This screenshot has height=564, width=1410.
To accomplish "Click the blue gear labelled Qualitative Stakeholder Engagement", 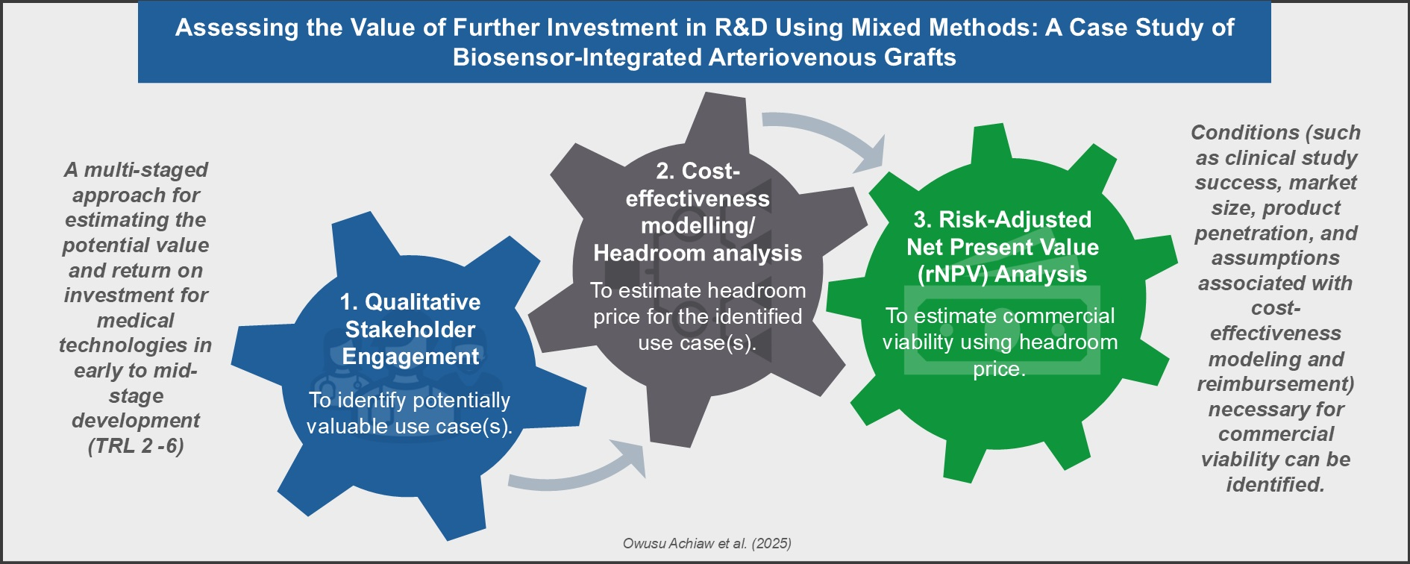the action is click(409, 373).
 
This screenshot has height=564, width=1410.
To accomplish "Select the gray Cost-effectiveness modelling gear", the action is click(698, 269).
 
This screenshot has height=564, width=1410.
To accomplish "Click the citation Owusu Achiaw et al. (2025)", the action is click(707, 543).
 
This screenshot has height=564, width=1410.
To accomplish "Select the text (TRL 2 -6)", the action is click(136, 446).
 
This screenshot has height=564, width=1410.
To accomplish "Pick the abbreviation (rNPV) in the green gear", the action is click(953, 275).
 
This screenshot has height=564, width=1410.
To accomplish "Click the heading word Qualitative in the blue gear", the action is click(422, 302).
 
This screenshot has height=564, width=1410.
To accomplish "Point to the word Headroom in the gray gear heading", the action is click(646, 254).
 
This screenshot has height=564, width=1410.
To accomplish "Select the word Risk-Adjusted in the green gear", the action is click(1015, 219).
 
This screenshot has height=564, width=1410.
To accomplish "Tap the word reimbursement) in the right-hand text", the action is click(1276, 384).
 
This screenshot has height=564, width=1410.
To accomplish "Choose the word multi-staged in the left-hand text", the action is click(145, 170).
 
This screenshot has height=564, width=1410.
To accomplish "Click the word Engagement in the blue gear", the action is click(410, 357).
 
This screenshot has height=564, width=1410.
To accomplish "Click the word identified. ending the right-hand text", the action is click(1276, 485).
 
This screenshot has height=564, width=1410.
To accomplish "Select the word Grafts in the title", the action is click(920, 57).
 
